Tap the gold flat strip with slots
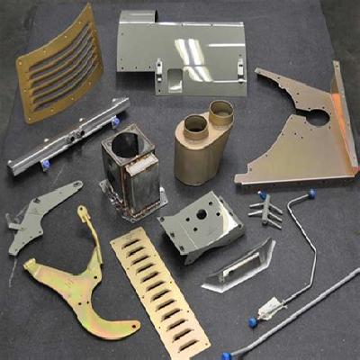pyautogui.click(x=160, y=288)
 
